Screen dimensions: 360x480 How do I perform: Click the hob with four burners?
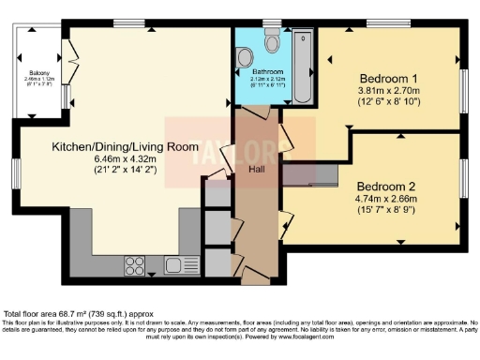(131, 267)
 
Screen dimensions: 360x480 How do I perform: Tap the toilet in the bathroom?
(273, 40)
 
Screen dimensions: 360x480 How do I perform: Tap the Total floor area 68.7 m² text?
(77, 313)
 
